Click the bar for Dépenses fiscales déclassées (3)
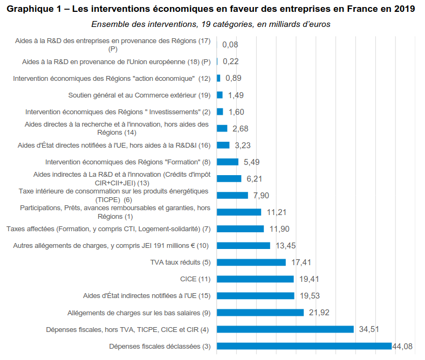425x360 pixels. pos(304,346)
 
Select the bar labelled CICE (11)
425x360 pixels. pos(255,279)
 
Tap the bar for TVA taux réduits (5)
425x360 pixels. pos(251,262)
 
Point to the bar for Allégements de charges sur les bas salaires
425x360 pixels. pos(260,313)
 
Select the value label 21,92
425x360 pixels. pos(319,313)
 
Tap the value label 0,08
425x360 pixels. pos(230,45)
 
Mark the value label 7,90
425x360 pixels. pos(262,195)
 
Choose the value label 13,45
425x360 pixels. pos(286,246)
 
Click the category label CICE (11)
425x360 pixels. pos(195,279)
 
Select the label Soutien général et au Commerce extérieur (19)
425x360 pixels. pos(139,95)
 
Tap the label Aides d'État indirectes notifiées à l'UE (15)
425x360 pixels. pos(147,296)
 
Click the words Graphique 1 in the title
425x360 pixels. pos(35,9)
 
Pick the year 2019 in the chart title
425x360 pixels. pos(403,9)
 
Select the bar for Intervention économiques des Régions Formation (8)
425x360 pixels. pos(228,162)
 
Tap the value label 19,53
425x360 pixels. pos(310,296)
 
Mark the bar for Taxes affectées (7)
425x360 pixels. pos(240,229)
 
